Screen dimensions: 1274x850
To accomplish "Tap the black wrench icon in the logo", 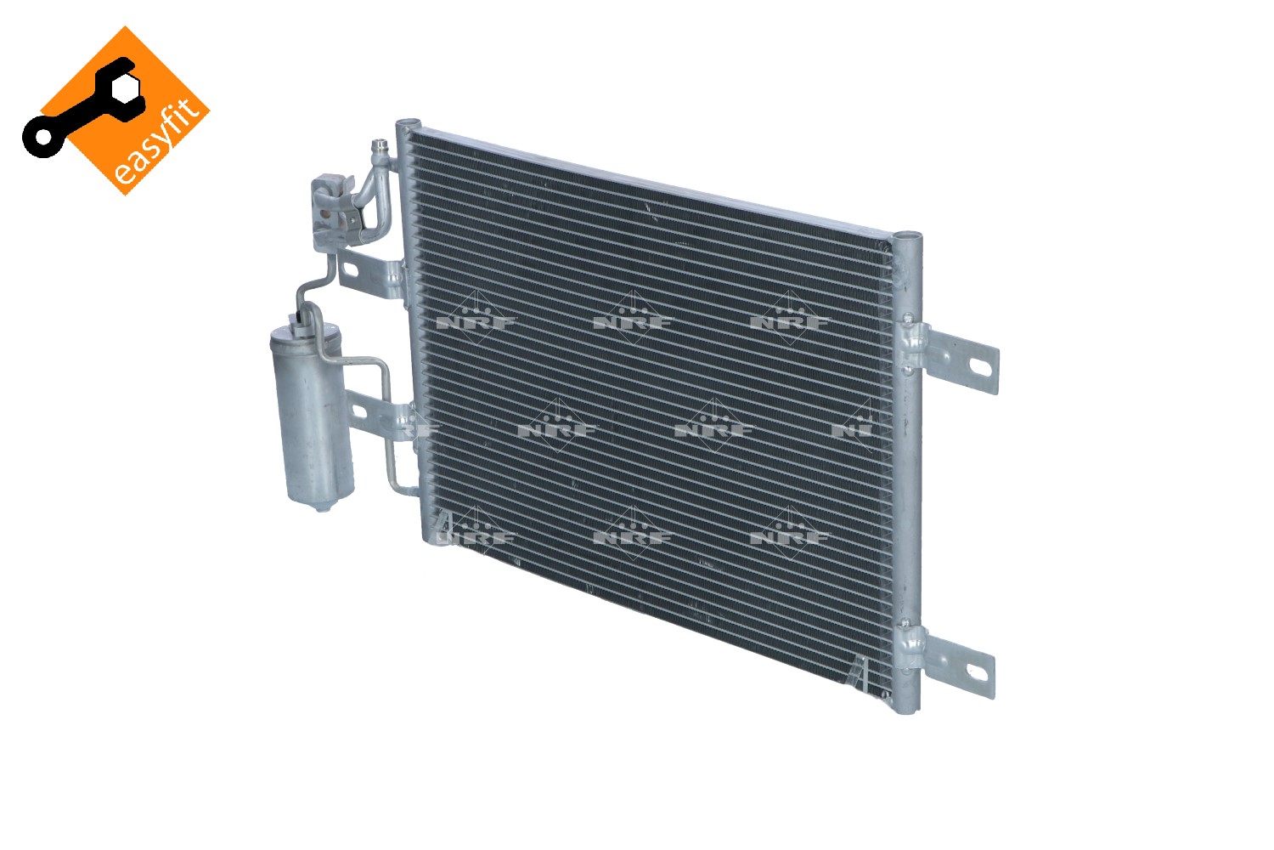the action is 80,108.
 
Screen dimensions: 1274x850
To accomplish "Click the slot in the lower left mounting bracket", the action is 359,411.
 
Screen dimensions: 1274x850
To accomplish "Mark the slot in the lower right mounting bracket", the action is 976,673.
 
